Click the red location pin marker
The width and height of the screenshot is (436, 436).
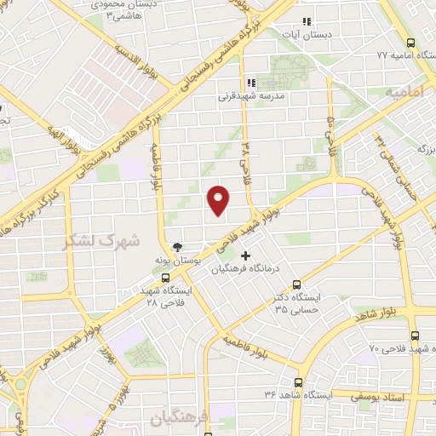[x=219, y=200]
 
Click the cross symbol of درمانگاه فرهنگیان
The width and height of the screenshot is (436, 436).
[x=246, y=255]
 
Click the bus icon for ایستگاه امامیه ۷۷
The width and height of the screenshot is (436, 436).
[x=411, y=42]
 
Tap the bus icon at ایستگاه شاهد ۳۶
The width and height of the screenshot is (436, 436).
[x=298, y=382]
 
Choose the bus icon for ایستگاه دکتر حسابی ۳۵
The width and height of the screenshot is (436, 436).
[x=295, y=284]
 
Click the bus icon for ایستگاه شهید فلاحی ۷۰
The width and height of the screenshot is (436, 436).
[x=415, y=336]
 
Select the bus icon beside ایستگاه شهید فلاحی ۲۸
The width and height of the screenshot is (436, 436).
[x=166, y=277]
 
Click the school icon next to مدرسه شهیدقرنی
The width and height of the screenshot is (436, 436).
[x=250, y=83]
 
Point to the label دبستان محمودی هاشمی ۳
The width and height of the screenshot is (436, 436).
[x=128, y=11]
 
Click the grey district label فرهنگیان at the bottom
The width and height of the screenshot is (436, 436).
[x=174, y=419]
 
